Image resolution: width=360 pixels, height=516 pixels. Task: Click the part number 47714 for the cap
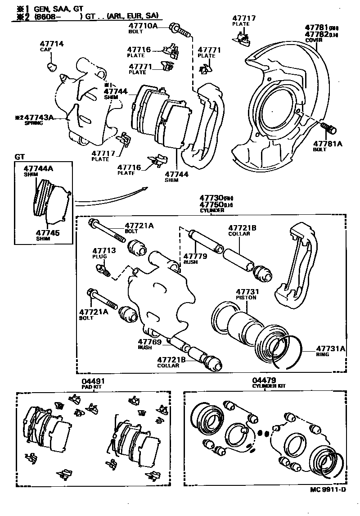(x=52, y=44)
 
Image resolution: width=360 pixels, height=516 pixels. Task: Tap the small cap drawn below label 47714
(x=51, y=67)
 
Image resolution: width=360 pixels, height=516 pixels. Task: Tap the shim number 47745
(x=48, y=233)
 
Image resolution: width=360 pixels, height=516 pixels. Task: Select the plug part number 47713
(x=104, y=250)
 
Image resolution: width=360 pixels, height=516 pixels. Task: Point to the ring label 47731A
(x=331, y=348)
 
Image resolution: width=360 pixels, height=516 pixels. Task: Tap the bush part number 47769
(x=149, y=341)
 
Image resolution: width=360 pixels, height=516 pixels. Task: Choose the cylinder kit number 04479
(x=264, y=380)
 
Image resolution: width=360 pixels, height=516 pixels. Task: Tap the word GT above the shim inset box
(x=20, y=157)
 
